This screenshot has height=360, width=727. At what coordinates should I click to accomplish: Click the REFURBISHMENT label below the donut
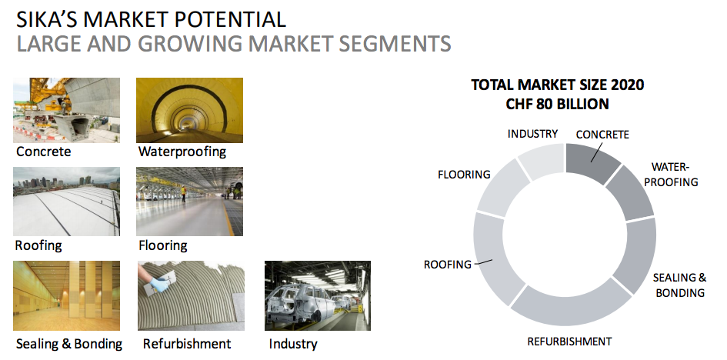(569, 342)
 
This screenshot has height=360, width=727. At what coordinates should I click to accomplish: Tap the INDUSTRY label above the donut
(532, 134)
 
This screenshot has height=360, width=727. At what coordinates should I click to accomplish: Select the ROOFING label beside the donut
(448, 265)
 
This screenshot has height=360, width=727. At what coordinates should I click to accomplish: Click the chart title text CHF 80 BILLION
(557, 105)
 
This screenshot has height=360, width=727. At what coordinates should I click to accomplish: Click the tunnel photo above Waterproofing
(189, 110)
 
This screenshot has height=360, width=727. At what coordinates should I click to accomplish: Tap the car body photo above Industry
(318, 295)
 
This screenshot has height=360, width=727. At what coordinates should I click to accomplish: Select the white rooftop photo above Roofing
(66, 202)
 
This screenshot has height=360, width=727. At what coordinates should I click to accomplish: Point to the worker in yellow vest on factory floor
(184, 193)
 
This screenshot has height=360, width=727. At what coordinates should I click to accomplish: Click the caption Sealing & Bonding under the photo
(69, 344)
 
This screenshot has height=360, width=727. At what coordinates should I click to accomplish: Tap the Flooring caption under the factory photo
(163, 245)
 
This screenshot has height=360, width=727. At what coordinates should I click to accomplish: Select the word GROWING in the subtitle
(189, 44)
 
